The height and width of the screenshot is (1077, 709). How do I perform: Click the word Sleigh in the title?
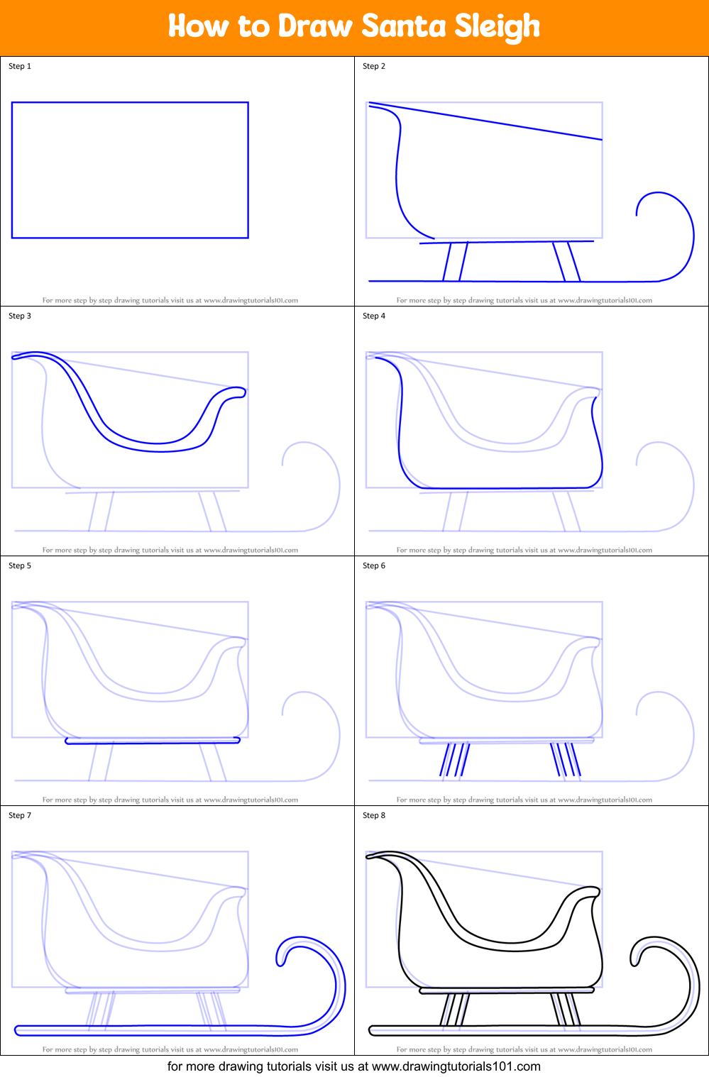pos(498,27)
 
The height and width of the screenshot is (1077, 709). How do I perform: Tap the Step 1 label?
pos(20,67)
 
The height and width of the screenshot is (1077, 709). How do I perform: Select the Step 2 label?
pos(374,67)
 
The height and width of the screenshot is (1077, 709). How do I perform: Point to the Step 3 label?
pos(20,316)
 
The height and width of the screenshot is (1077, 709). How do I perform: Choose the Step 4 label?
pos(374,316)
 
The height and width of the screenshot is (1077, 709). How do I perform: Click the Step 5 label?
pos(20,565)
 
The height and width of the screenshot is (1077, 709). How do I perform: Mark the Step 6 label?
pos(374,565)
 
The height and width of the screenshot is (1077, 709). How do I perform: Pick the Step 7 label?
pos(20,815)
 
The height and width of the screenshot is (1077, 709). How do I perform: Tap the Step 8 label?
pos(374,815)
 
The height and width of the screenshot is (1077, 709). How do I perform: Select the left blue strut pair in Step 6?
pos(454,760)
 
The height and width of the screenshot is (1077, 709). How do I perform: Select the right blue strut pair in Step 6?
pos(566,760)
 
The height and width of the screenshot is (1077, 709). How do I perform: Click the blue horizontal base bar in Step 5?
pos(153,741)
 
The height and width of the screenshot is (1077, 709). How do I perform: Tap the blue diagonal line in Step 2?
pos(485,121)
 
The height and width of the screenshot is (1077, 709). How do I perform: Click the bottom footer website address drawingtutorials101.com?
pos(456,1066)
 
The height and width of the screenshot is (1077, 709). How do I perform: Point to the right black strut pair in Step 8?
pos(566,1010)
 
